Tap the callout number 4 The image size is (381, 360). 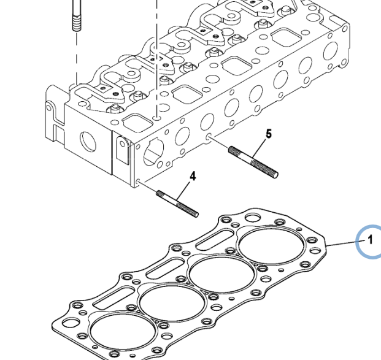click(x=193, y=176)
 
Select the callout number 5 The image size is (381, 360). click(x=267, y=133)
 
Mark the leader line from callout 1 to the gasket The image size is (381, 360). click(x=344, y=243)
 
